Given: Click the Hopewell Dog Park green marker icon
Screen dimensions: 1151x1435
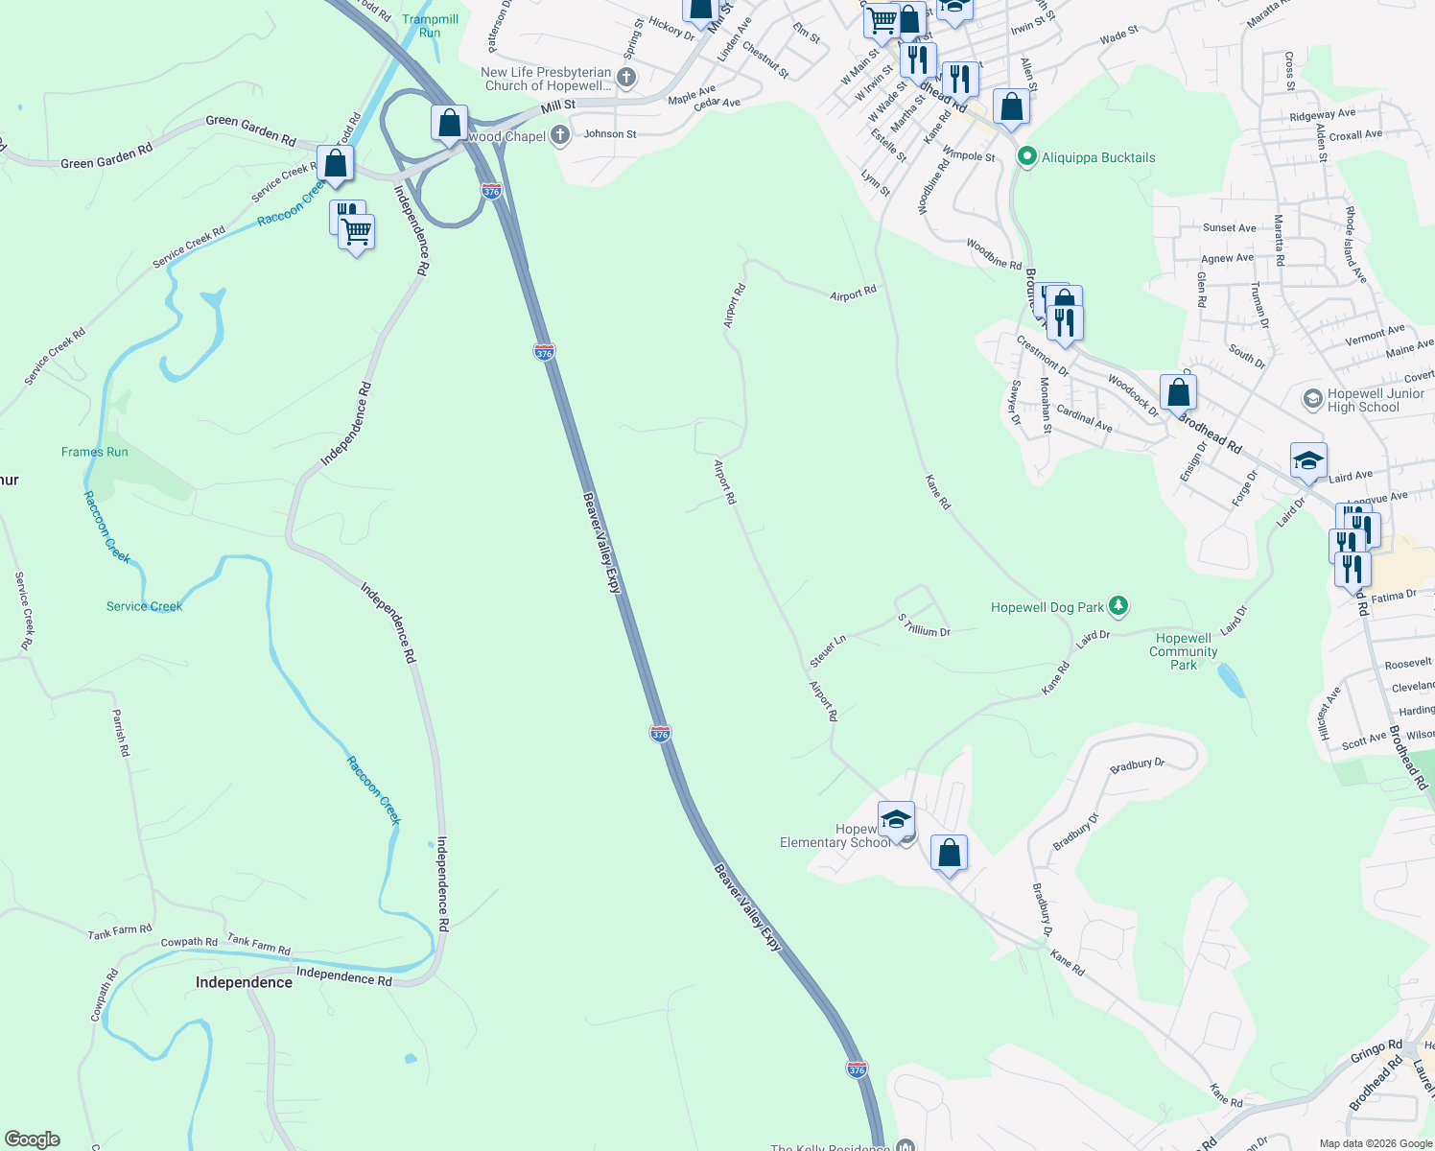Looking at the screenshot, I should [1117, 606].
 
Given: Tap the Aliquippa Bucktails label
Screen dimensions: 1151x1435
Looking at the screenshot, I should [1098, 157].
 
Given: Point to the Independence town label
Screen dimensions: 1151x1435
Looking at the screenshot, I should [244, 982].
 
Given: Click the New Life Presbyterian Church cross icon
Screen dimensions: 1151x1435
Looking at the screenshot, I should [626, 78].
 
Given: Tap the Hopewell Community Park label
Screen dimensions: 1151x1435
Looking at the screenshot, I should [1184, 651].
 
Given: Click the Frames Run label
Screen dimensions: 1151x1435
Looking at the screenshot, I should [94, 452].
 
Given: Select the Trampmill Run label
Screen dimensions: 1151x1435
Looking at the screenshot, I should [430, 26].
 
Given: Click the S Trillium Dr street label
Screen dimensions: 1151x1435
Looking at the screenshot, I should [924, 624].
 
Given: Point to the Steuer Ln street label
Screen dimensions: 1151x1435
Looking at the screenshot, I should [828, 650].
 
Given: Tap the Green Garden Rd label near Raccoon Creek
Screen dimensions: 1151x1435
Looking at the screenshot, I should [250, 129].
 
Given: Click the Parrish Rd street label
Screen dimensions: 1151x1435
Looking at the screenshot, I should [121, 733].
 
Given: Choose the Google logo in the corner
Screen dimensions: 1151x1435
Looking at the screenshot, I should [33, 1139].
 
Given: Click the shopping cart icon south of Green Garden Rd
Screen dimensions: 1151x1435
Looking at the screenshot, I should [356, 232].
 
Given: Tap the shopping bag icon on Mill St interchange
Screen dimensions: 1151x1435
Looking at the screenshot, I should [449, 124].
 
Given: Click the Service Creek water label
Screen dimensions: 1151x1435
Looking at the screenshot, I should [144, 606].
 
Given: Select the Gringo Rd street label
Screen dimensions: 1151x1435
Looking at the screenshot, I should [1376, 1052].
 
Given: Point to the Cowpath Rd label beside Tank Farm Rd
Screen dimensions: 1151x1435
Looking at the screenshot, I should [189, 942].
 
